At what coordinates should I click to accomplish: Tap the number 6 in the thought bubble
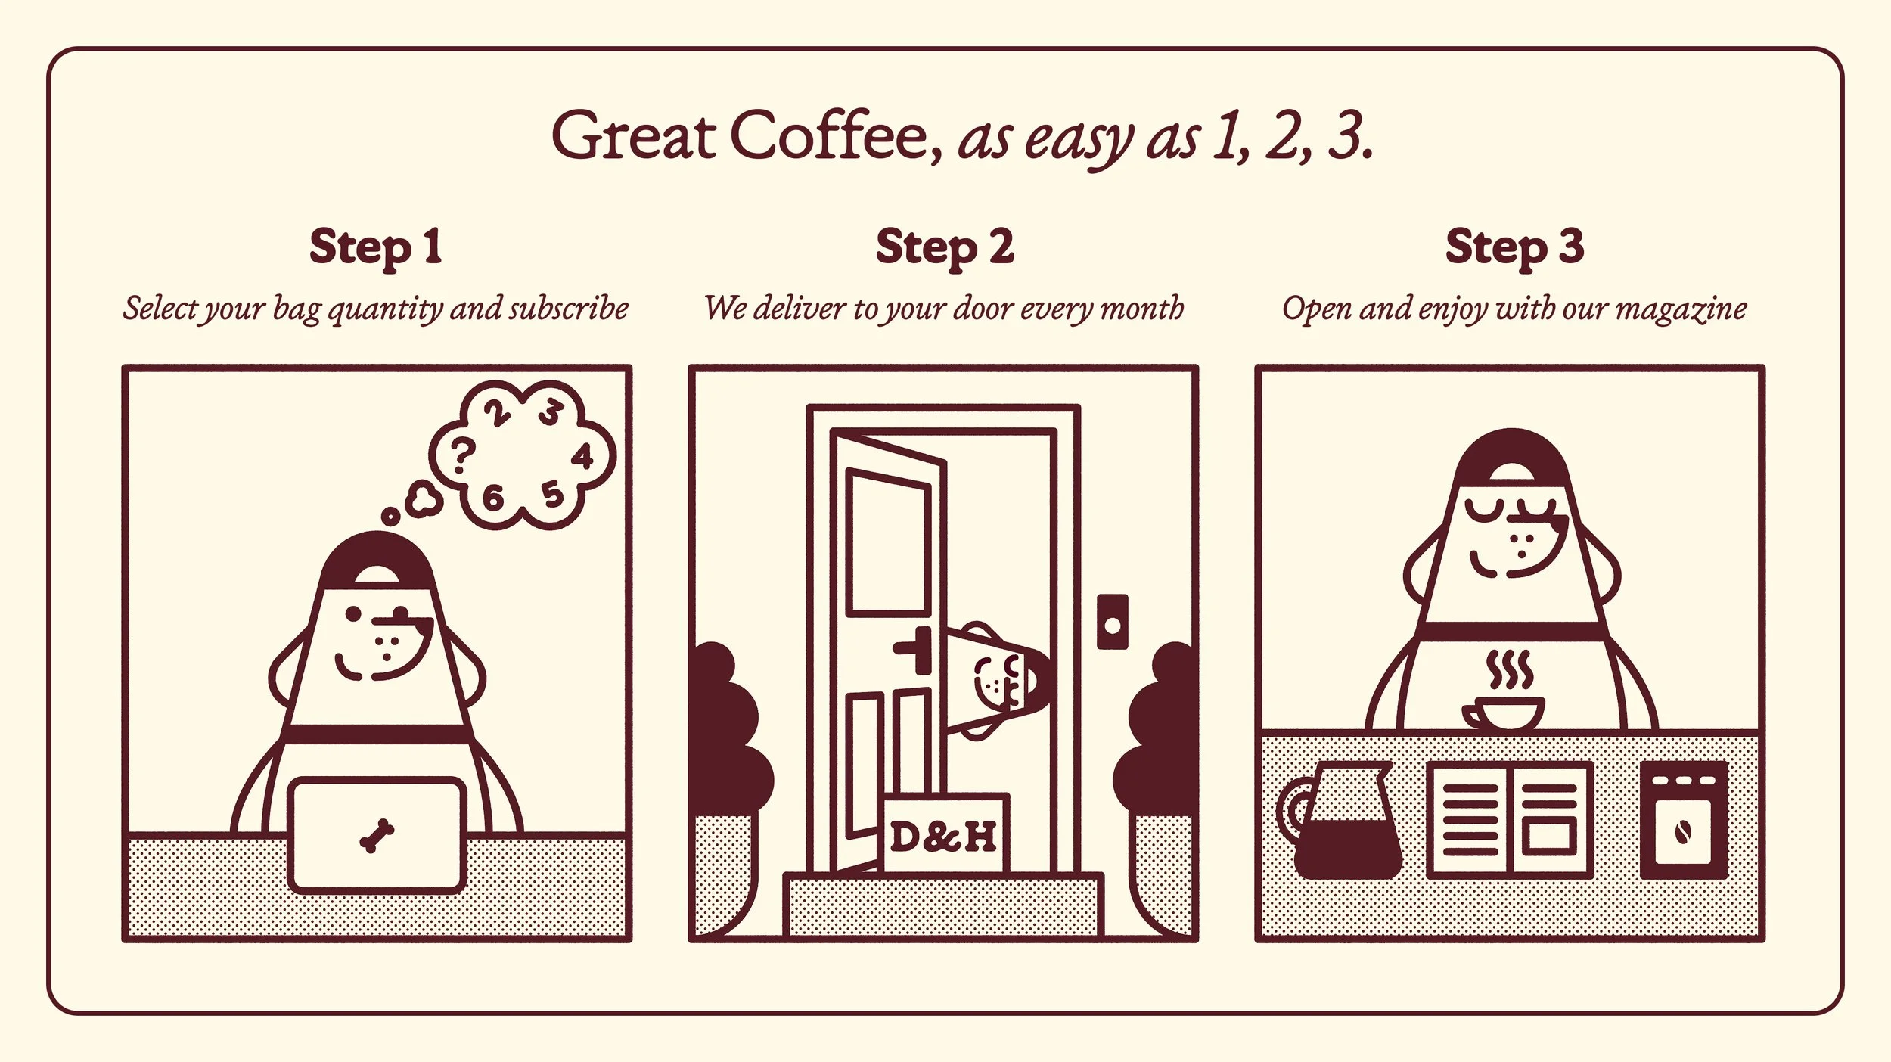click(x=492, y=497)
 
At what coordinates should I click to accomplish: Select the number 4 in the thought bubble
click(x=582, y=457)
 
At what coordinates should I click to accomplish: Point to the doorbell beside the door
click(x=1112, y=622)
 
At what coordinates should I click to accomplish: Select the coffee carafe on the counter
click(x=1337, y=820)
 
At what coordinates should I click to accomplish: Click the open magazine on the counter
click(x=1509, y=821)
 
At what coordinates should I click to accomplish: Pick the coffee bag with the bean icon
click(x=1684, y=821)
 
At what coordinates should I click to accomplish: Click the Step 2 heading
click(x=945, y=247)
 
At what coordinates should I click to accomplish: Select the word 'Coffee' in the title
click(x=836, y=136)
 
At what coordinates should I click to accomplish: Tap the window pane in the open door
click(x=889, y=542)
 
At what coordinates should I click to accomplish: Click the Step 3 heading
click(x=1514, y=247)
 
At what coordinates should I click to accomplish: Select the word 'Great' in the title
click(x=634, y=136)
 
